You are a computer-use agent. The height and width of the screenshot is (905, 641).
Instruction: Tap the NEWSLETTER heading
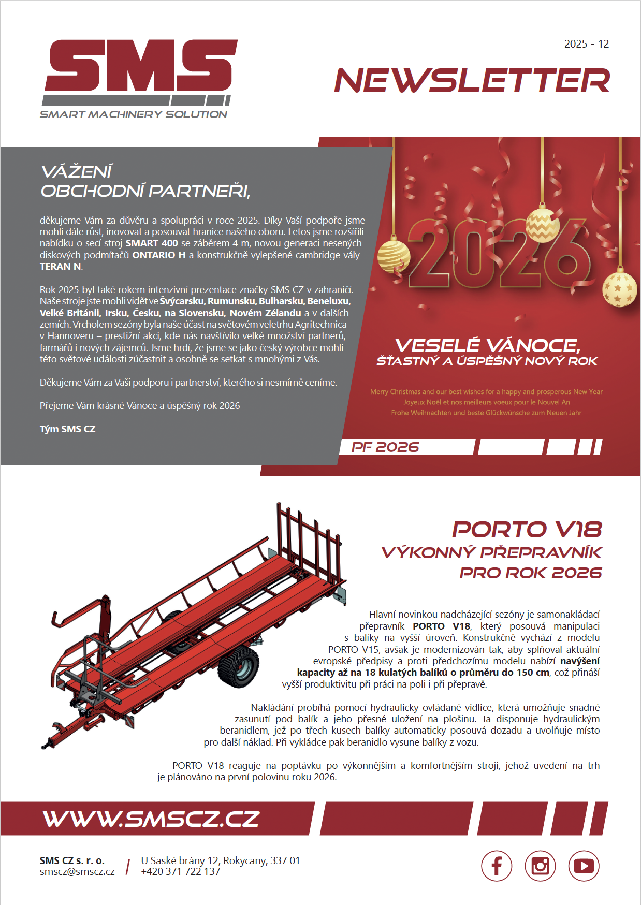(472, 81)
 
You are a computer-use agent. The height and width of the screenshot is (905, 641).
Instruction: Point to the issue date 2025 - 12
(586, 44)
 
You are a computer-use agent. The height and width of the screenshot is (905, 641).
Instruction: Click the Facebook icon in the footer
(497, 866)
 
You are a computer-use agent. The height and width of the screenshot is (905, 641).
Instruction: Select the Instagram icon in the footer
(540, 866)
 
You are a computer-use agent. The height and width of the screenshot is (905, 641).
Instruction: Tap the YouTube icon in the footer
(584, 866)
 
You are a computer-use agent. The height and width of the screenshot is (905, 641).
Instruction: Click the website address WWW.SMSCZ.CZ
(151, 819)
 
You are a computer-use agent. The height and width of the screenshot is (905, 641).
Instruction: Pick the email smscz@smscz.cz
(77, 871)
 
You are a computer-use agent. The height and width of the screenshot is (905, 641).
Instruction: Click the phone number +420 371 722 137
(181, 871)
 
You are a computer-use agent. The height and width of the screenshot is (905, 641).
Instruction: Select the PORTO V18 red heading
(527, 529)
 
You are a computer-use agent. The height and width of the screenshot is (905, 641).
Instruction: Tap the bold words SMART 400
(152, 243)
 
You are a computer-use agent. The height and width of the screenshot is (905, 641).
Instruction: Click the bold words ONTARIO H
(159, 255)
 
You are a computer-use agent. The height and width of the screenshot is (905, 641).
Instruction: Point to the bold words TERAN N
(61, 267)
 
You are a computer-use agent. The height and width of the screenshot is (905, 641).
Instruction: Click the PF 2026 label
(385, 447)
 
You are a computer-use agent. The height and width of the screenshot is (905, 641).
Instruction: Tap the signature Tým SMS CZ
(68, 429)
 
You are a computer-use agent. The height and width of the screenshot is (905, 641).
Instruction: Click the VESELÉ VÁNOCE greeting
(487, 345)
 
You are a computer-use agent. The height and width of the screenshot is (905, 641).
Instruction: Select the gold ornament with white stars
(619, 288)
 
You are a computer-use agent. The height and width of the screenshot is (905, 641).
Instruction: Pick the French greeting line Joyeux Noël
(486, 402)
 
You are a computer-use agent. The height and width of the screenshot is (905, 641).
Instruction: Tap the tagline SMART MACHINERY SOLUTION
(134, 114)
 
